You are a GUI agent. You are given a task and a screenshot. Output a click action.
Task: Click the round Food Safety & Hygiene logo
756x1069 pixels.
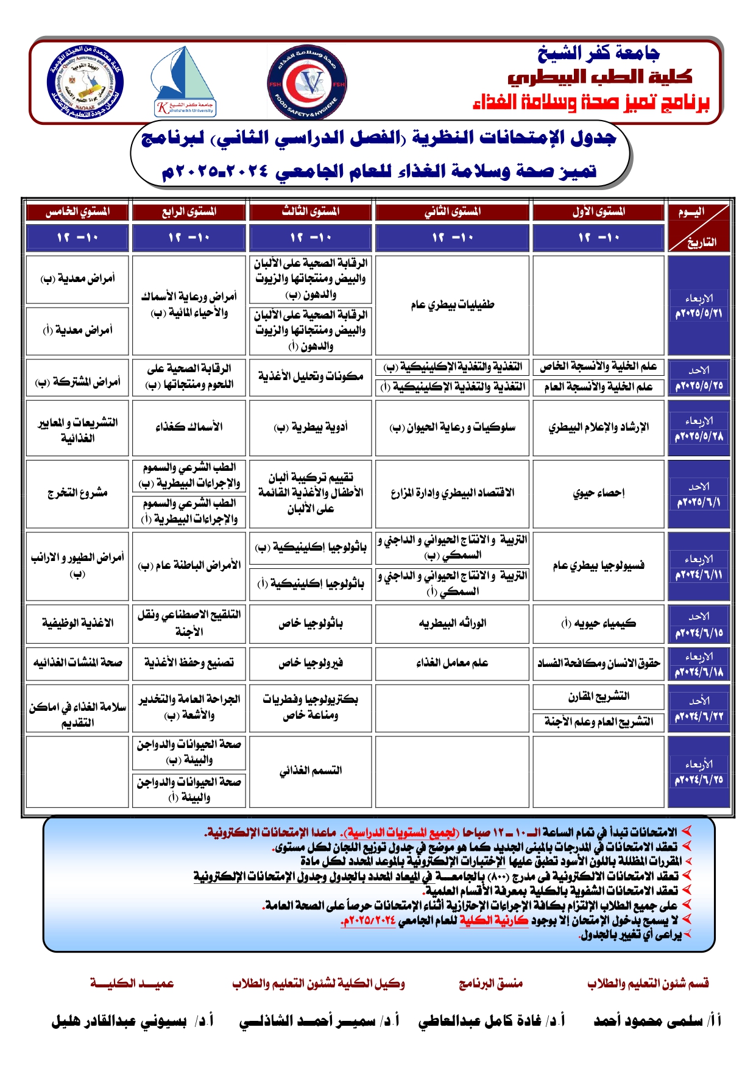307,84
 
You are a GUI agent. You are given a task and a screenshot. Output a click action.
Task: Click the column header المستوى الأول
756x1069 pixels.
598,212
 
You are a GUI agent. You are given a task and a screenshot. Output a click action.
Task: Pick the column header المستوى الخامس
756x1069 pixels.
77,212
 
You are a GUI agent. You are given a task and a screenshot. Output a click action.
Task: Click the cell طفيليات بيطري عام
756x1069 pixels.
452,305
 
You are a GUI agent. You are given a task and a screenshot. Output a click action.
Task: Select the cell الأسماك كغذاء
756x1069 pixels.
189,427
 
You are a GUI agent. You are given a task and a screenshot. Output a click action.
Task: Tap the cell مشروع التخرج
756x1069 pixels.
77,493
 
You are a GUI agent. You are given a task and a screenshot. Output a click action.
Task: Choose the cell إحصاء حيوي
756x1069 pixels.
598,493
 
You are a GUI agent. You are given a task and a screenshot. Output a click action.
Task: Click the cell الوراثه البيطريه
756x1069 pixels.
452,623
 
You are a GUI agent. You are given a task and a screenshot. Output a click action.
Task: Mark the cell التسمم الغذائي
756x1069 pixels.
311,771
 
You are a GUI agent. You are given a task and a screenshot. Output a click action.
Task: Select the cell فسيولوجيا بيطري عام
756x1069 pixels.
598,566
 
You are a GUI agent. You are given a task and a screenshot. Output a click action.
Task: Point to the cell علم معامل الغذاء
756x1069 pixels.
452,663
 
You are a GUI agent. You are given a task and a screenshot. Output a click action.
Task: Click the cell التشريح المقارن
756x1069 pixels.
598,696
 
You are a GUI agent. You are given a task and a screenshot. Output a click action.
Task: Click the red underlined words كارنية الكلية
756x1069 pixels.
494,920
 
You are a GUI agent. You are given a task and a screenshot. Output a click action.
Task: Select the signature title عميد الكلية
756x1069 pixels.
132,983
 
